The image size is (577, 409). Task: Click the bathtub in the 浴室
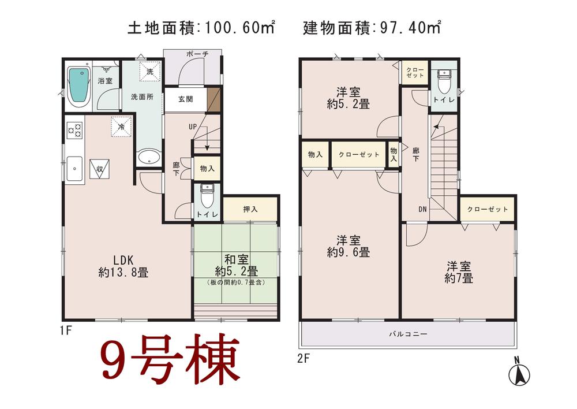[78, 87]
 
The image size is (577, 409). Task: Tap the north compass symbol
[519, 373]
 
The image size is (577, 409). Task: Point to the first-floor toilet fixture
[207, 198]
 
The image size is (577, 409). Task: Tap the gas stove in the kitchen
[75, 131]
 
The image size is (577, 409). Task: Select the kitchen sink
[75, 169]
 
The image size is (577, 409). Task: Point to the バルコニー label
[407, 334]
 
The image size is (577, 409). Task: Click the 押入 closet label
[250, 209]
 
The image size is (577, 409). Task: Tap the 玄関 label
[185, 99]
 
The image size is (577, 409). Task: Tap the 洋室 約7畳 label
[459, 272]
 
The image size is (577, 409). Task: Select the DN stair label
[422, 209]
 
